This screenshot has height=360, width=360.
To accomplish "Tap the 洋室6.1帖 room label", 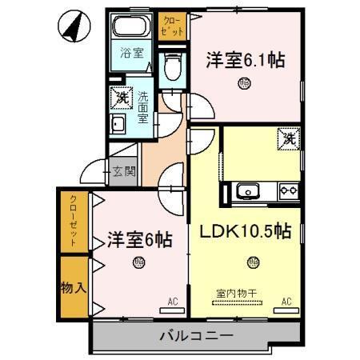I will tap(246, 59).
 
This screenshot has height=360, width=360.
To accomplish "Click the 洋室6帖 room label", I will tap(138, 238).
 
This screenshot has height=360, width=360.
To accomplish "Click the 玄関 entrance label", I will tap(123, 170).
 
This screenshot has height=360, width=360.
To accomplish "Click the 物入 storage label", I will tap(74, 286).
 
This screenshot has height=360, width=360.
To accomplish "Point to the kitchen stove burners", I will tap(287, 192).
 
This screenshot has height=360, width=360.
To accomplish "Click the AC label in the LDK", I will tap(286, 302).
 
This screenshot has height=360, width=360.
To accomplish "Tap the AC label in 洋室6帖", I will tap(172, 302).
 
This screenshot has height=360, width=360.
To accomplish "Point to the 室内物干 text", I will tap(235, 293).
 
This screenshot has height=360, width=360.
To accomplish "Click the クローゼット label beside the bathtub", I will tap(172, 24).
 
